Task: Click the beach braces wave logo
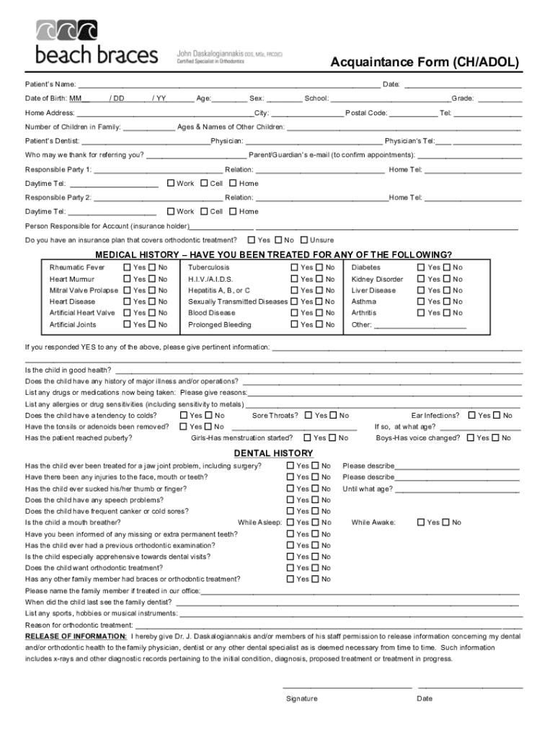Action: [x=67, y=31]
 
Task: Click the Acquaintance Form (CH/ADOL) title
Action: [x=425, y=63]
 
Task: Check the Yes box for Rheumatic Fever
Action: [x=128, y=267]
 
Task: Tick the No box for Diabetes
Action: [x=447, y=267]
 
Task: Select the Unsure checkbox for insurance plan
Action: [x=304, y=240]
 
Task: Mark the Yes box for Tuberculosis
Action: [x=295, y=267]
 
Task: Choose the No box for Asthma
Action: [x=447, y=302]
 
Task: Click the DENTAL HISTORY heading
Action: [x=273, y=453]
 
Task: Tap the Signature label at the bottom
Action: [x=301, y=698]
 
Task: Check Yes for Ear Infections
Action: [x=472, y=415]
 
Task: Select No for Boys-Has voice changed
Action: [x=496, y=437]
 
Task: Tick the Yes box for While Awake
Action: [x=422, y=523]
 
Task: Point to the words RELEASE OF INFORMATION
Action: [x=76, y=637]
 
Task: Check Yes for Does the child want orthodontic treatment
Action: [x=291, y=568]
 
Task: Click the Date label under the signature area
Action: [x=425, y=698]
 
